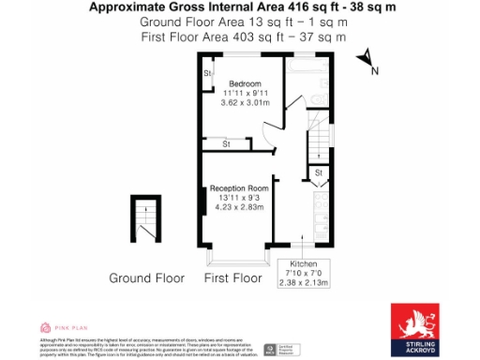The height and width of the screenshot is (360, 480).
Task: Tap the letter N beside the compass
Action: click(375, 71)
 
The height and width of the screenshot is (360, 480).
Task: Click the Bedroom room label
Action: click(245, 83)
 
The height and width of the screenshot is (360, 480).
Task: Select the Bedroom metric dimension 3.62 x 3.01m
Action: click(245, 102)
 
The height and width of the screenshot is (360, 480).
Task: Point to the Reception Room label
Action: click(239, 188)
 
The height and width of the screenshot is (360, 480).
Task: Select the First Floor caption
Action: click(232, 278)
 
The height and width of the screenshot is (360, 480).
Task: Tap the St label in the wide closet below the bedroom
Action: click(226, 143)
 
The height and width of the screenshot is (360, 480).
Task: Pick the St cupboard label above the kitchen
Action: click(319, 173)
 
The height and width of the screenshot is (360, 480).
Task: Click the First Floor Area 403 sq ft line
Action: click(243, 37)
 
